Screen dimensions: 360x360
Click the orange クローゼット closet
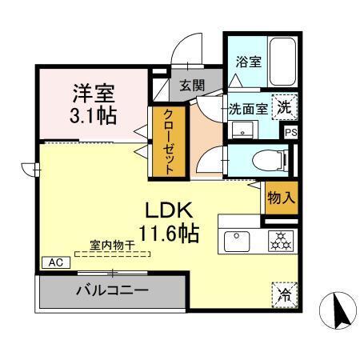(169, 141)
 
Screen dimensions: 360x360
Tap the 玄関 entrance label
(190, 86)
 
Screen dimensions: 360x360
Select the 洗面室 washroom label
(247, 107)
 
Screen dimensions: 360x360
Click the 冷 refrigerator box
(284, 294)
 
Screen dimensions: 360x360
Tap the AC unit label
(55, 262)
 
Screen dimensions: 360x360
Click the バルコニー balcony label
(112, 290)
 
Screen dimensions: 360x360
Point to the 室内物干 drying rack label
(112, 246)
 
